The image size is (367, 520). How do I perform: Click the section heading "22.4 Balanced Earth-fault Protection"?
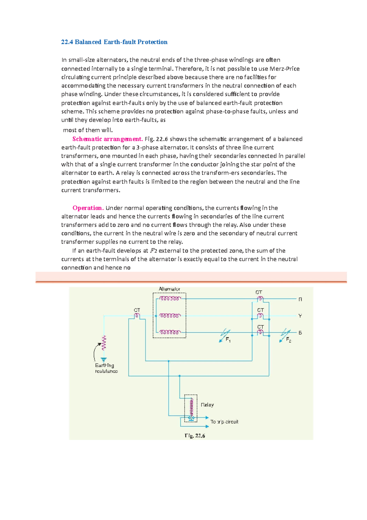pyautogui.click(x=114, y=42)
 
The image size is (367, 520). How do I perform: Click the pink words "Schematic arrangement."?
pyautogui.click(x=108, y=139)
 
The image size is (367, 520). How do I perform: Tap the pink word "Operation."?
pyautogui.click(x=88, y=208)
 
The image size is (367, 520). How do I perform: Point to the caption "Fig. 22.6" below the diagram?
pyautogui.click(x=195, y=435)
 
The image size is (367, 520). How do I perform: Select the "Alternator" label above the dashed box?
pyautogui.click(x=169, y=289)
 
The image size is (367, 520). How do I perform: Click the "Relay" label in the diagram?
pyautogui.click(x=207, y=405)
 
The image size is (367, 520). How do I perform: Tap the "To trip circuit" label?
pyautogui.click(x=224, y=422)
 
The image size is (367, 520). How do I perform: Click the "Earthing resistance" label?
pyautogui.click(x=106, y=368)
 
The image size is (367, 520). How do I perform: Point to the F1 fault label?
pyautogui.click(x=228, y=340)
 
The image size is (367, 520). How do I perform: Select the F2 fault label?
pyautogui.click(x=288, y=340)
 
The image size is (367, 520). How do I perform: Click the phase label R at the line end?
pyautogui.click(x=300, y=300)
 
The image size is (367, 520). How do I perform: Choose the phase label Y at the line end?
pyautogui.click(x=300, y=316)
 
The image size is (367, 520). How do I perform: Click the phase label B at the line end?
pyautogui.click(x=300, y=333)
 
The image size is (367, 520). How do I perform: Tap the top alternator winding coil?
pyautogui.click(x=170, y=299)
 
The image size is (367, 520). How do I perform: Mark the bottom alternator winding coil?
pyautogui.click(x=170, y=332)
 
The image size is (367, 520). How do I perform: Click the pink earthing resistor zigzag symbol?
pyautogui.click(x=104, y=343)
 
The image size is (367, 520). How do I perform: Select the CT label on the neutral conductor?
pyautogui.click(x=137, y=310)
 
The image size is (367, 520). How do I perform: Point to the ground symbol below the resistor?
pyautogui.click(x=104, y=360)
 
